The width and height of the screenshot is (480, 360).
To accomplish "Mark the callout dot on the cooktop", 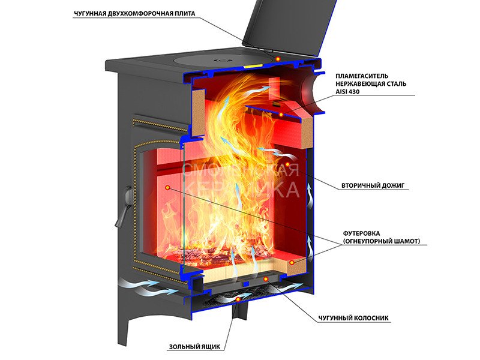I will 278,58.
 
